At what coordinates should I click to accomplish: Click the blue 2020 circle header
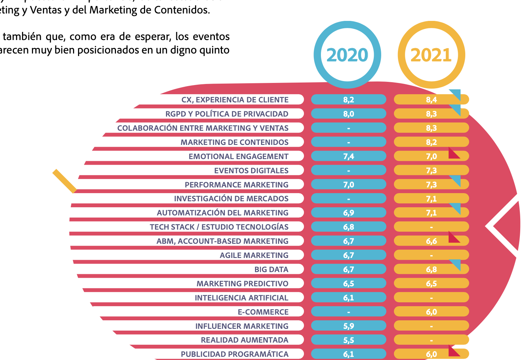tap(347, 55)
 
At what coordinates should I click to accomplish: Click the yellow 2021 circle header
tap(431, 55)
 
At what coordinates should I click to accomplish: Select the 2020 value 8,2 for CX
tap(349, 100)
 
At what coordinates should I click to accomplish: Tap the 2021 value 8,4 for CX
tap(431, 100)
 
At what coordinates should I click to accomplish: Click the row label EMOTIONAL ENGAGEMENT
tap(238, 156)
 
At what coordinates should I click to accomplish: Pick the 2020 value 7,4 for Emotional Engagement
tap(349, 156)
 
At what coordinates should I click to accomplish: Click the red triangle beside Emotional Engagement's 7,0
tap(453, 154)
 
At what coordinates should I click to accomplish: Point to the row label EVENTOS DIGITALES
tap(251, 170)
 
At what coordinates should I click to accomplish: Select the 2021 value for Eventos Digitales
tap(431, 170)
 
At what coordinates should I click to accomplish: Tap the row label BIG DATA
tap(271, 269)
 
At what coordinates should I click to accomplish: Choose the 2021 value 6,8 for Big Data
tap(431, 269)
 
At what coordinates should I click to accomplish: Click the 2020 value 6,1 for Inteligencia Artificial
tap(349, 298)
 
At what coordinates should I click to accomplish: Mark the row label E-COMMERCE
tap(263, 312)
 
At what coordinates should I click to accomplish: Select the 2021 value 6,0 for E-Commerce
tap(431, 312)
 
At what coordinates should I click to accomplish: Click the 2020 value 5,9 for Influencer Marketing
tap(349, 326)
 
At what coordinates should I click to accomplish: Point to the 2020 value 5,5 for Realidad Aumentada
tap(349, 340)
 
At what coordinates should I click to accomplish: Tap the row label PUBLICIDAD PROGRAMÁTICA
tap(234, 354)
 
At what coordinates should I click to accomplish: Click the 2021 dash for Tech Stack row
tap(431, 227)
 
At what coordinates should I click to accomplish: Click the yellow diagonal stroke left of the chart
tap(65, 181)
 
